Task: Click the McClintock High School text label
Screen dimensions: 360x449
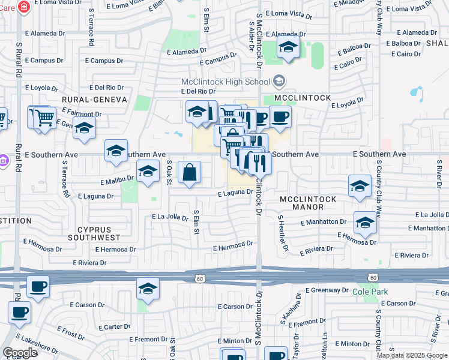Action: point(226,82)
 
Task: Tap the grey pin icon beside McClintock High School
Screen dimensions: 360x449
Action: point(279,80)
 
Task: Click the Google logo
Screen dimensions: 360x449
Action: point(19,353)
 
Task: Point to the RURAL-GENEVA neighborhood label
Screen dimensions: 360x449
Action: point(94,99)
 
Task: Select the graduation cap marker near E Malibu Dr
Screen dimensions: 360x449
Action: point(148,172)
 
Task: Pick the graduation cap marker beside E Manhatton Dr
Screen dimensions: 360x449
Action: point(364,224)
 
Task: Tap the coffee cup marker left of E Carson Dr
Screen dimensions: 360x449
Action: point(39,287)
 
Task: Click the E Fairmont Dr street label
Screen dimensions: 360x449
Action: point(80,113)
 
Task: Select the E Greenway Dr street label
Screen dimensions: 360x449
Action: point(326,290)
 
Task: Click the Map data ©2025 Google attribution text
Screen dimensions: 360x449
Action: point(412,355)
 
